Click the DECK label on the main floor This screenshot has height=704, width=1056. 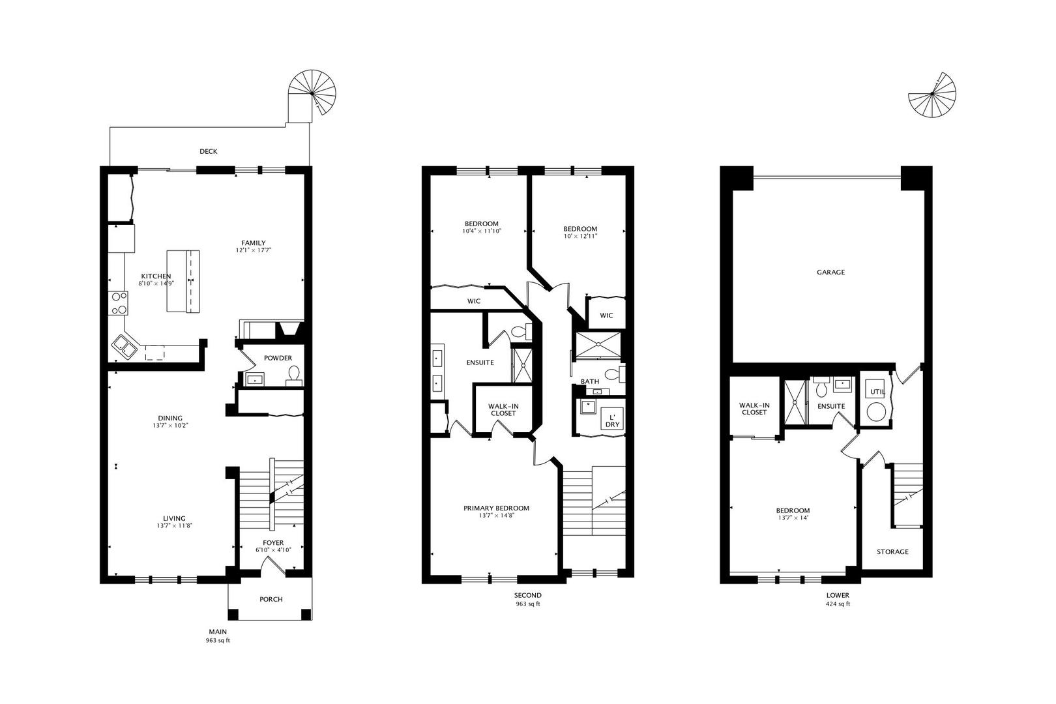coord(209,151)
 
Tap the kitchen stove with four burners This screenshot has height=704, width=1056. coord(118,303)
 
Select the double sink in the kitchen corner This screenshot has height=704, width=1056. coord(124,349)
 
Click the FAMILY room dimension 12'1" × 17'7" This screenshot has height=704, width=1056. coord(254,250)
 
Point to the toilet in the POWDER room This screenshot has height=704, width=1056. coord(294,375)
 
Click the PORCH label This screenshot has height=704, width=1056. coord(271,599)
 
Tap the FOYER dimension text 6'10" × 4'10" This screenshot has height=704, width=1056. coord(273,550)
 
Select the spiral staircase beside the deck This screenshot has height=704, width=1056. coord(312,93)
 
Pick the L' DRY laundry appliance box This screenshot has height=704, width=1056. coord(612,418)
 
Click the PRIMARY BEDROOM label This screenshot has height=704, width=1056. coord(497,508)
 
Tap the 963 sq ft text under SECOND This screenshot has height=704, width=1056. coord(528,604)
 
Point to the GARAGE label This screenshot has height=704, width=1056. coord(830,272)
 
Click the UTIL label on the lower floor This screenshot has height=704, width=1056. coord(877,392)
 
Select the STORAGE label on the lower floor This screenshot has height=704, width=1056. coord(892,551)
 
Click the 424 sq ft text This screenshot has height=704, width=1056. coord(838,604)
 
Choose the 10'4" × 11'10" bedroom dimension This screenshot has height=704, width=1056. coord(482,231)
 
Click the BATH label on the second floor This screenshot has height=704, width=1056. coord(590,381)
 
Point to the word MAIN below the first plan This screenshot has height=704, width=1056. coord(218,632)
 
